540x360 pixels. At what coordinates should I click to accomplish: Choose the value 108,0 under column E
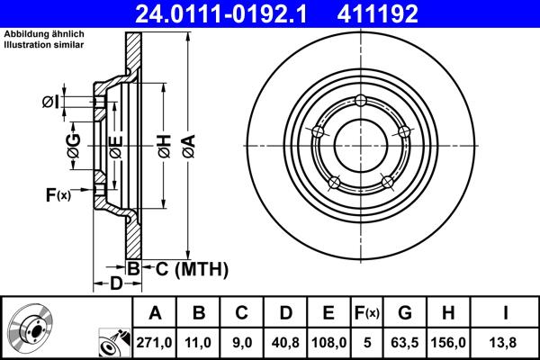[329, 344]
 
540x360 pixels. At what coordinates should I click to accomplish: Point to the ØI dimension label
[50, 102]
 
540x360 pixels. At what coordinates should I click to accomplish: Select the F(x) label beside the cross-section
[58, 194]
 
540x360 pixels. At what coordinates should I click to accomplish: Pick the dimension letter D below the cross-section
[115, 285]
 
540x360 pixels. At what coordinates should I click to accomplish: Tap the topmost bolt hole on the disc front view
[360, 100]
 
